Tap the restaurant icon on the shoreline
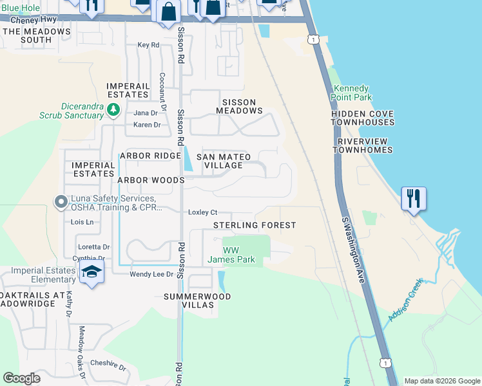click(x=413, y=198)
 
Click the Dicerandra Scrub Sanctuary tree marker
click(x=113, y=110)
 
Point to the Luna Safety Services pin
click(x=61, y=203)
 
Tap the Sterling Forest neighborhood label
click(x=255, y=225)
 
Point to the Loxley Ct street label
click(x=203, y=212)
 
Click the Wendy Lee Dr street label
click(x=152, y=274)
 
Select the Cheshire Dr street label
click(x=108, y=365)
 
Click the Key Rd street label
click(x=148, y=45)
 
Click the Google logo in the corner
click(x=22, y=378)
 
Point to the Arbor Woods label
click(x=151, y=181)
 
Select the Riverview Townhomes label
click(x=363, y=145)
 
